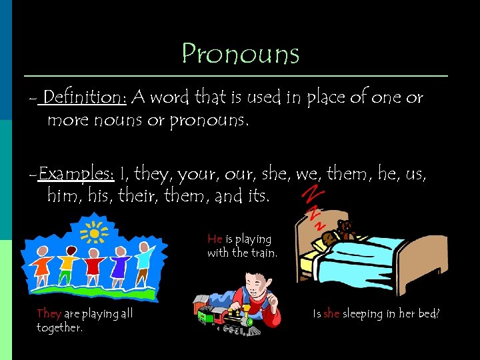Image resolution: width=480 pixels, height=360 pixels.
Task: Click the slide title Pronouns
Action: click(241, 53)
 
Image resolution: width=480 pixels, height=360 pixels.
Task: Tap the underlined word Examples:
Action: click(77, 175)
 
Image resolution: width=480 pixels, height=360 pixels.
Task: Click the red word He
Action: click(215, 239)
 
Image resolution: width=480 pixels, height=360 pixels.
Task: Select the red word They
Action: click(49, 313)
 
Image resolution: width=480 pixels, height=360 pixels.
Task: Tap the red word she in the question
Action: click(331, 313)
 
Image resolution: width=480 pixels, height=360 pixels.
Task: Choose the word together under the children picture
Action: click(60, 327)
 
